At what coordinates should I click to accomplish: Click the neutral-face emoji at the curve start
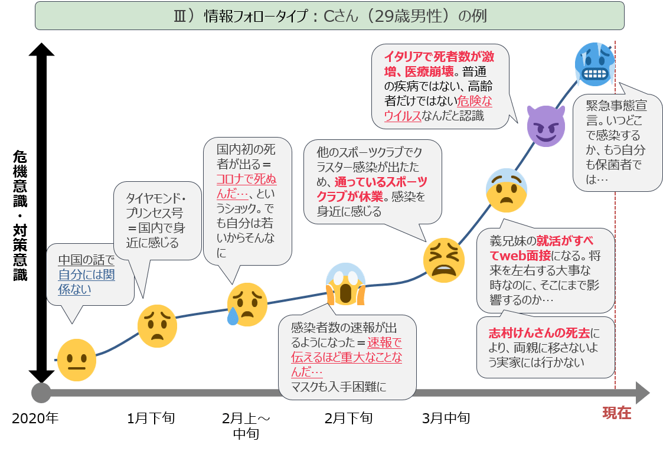[x=77, y=360]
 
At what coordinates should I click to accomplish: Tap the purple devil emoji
[x=546, y=126]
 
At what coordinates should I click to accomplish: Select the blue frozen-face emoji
[x=595, y=64]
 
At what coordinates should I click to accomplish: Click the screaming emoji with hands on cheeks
[x=345, y=284]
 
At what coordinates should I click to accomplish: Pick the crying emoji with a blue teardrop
[x=247, y=305]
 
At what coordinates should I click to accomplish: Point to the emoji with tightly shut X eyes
[x=444, y=260]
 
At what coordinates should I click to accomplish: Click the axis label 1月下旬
[x=151, y=418]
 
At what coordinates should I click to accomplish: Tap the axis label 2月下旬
[x=348, y=418]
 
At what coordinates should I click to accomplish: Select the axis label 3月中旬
[x=446, y=418]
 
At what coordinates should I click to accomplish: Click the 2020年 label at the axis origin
[x=35, y=418]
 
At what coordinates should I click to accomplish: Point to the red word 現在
[x=617, y=413]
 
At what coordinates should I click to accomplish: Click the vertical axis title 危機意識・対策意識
[x=20, y=215]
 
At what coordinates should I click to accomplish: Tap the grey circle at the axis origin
[x=41, y=393]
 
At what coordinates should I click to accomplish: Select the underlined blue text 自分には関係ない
[x=86, y=282]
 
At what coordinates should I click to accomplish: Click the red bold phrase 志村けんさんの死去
[x=539, y=333]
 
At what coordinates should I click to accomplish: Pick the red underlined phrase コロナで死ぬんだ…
[x=247, y=187]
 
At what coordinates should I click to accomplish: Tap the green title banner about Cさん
[x=329, y=15]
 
